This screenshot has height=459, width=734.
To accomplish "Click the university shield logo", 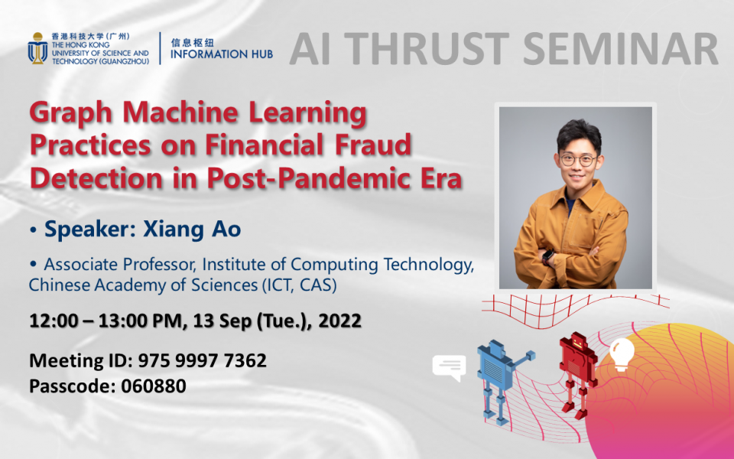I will click(37, 48).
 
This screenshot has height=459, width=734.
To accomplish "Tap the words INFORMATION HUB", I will click(222, 55).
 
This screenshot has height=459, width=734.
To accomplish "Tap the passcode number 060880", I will click(154, 386).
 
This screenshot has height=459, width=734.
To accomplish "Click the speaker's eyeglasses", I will click(577, 160).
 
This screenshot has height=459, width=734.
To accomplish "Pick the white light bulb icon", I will click(622, 353).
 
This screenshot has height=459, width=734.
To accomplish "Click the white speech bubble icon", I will click(448, 367).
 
